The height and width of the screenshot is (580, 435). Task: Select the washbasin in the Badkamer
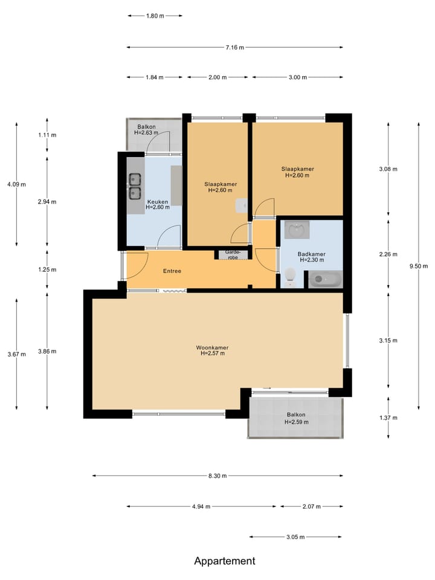(297, 230)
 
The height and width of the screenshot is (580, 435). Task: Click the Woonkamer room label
(212, 348)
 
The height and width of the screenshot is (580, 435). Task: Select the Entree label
(172, 271)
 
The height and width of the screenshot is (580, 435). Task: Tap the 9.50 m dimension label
(419, 266)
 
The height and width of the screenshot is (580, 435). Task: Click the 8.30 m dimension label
(217, 475)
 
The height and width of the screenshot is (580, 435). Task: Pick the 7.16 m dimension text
(235, 47)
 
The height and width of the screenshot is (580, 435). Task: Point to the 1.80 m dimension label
(155, 16)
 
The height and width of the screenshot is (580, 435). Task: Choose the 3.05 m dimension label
(295, 536)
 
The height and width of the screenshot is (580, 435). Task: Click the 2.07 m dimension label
(312, 506)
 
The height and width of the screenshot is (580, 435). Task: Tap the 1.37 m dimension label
(388, 417)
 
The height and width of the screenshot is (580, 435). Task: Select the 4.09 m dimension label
(17, 184)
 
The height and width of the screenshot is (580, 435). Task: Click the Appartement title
(225, 561)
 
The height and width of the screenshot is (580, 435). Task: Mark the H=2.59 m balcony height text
(296, 422)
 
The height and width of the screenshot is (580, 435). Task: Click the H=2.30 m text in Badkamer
(312, 260)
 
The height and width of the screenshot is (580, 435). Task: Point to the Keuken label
(158, 202)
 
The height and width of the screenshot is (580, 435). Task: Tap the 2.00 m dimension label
(217, 77)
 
